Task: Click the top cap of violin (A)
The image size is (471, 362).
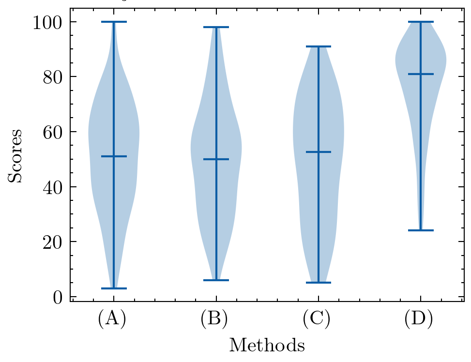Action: [x=114, y=22]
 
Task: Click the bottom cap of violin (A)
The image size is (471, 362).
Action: [x=114, y=288]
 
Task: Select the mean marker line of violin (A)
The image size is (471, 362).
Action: [x=114, y=156]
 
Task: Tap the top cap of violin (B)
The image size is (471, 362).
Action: [x=216, y=27]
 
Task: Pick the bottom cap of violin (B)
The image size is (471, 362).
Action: [x=216, y=280]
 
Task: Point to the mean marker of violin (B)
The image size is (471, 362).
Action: [x=216, y=159]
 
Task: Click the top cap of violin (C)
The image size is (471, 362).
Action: [x=318, y=46]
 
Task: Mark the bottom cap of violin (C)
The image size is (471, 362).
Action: [x=318, y=283]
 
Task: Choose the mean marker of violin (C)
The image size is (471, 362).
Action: [x=318, y=152]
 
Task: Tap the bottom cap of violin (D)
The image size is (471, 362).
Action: [x=420, y=230]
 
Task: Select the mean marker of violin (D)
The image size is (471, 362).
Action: [x=420, y=74]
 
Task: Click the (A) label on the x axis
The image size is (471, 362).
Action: [x=112, y=319]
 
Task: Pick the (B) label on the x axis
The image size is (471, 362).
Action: [x=214, y=319]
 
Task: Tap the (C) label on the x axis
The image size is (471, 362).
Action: [x=316, y=319]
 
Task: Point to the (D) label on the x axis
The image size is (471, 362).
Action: [x=419, y=319]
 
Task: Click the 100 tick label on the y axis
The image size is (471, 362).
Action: [x=47, y=22]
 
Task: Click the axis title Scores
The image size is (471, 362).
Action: [x=16, y=156]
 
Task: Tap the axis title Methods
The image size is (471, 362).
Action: [x=267, y=346]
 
